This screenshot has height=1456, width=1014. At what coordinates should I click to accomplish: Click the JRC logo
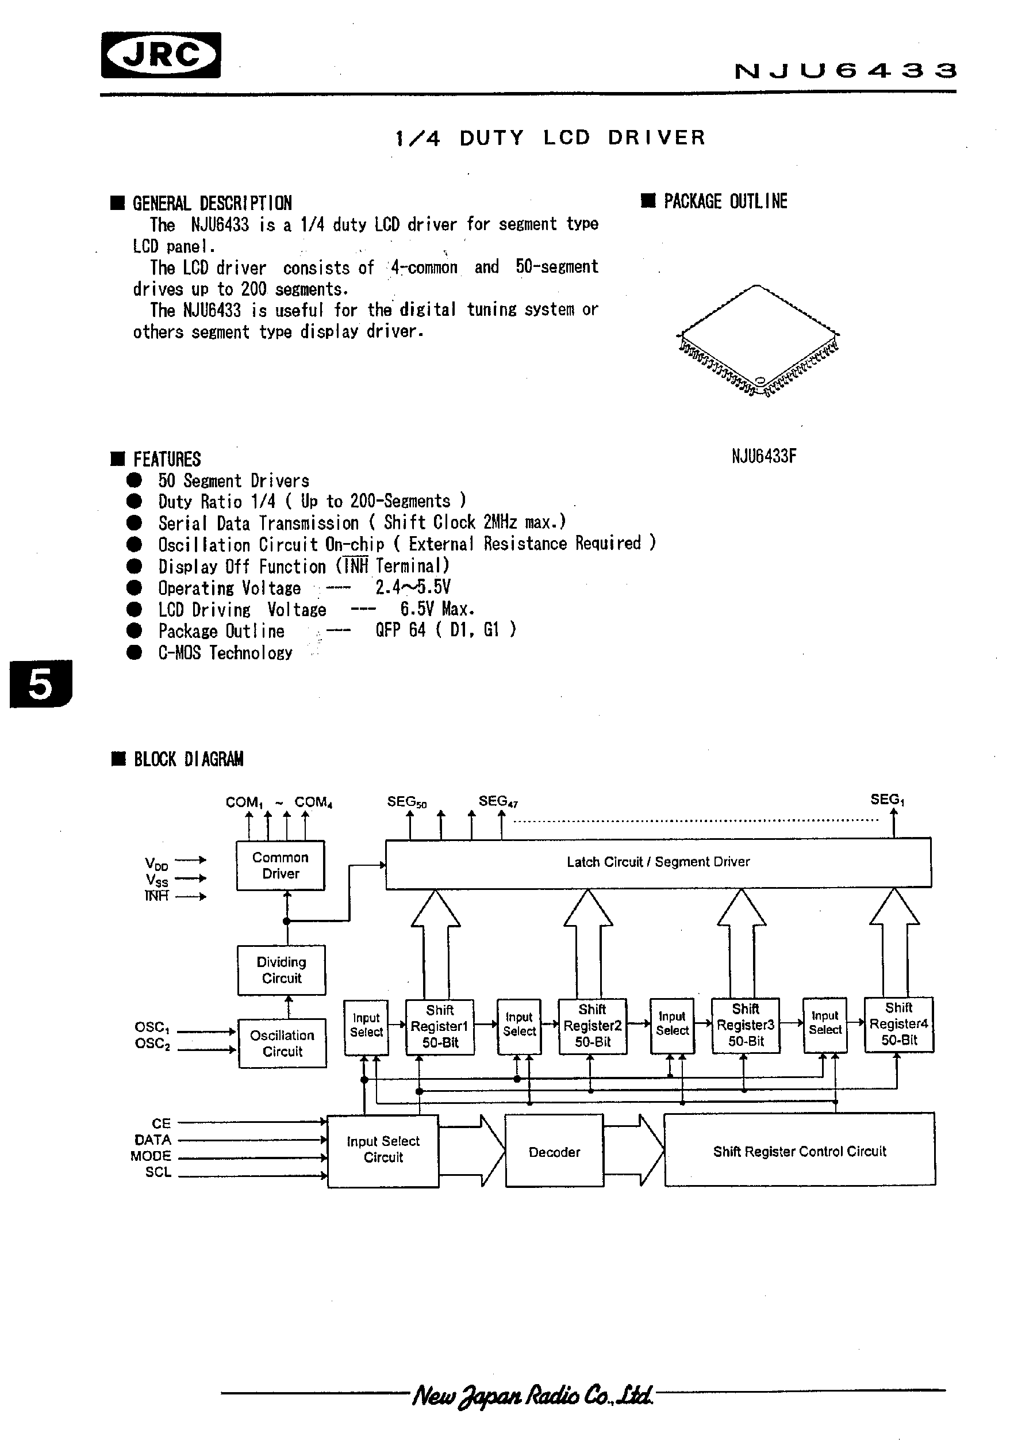(160, 55)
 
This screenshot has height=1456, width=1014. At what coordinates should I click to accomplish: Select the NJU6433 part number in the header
(844, 70)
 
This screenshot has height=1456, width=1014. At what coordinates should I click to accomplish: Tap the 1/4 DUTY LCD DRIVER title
(550, 137)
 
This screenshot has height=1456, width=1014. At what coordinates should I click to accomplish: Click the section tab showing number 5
(41, 684)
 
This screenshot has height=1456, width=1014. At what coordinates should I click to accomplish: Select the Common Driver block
(280, 865)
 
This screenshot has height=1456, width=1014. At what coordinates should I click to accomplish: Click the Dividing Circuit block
(282, 969)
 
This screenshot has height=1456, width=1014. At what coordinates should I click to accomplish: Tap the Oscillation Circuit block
(282, 1042)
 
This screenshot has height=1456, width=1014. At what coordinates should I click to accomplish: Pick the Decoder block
(554, 1152)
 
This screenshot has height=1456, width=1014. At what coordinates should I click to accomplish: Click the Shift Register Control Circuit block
(799, 1151)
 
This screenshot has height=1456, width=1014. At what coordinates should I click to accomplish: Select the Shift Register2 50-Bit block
(593, 1026)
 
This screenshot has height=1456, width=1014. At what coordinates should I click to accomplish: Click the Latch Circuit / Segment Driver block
(658, 862)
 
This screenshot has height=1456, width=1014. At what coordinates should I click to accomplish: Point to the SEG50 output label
(406, 801)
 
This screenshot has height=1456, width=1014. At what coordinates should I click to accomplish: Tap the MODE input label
(151, 1155)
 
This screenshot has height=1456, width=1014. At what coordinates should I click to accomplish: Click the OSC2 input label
(152, 1043)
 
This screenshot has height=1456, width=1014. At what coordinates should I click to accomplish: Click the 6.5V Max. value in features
(437, 609)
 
